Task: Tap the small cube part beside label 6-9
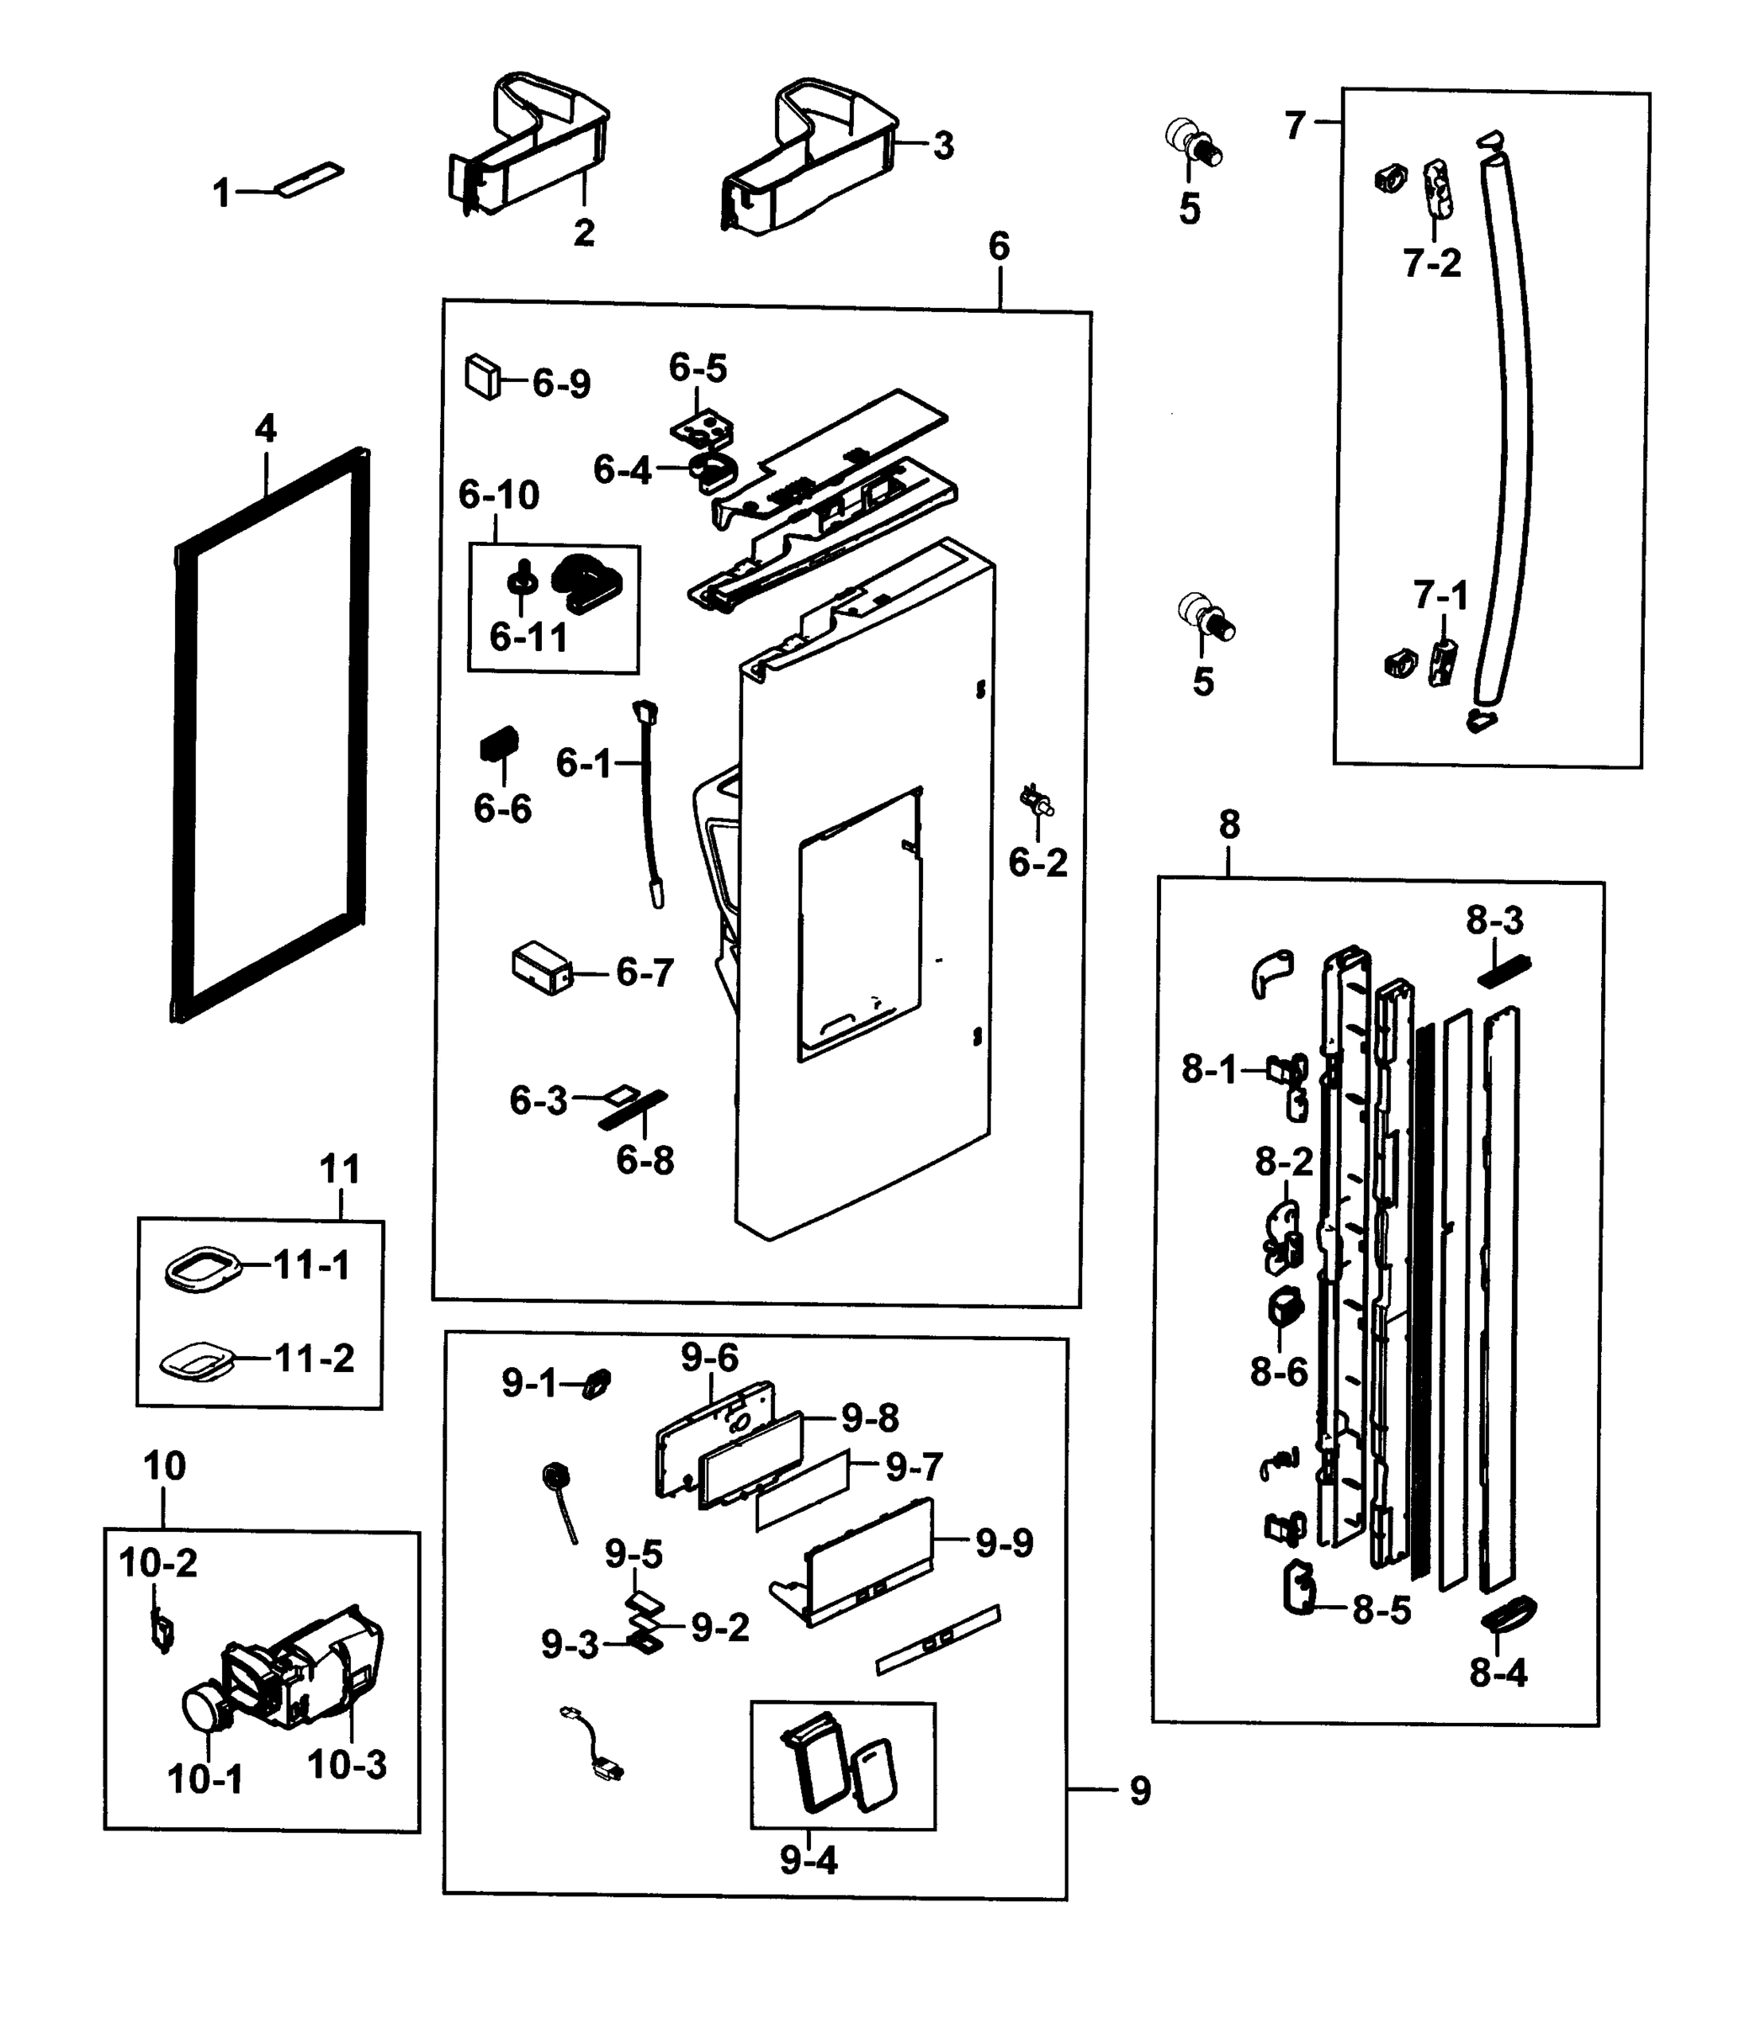[x=481, y=376]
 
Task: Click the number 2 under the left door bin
[x=584, y=233]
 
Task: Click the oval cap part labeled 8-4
[x=1509, y=1614]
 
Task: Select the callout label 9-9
[x=1005, y=1544]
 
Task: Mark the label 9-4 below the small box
[x=808, y=1860]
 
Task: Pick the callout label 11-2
[x=314, y=1358]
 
